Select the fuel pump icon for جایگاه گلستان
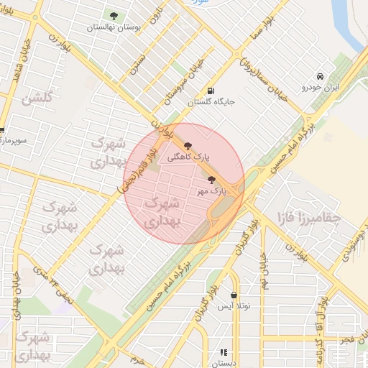(x=210, y=91)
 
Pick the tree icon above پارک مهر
(x=211, y=180)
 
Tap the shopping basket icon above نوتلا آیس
(x=234, y=295)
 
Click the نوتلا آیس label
(x=236, y=306)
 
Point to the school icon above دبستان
(x=224, y=352)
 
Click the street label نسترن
(x=138, y=63)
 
